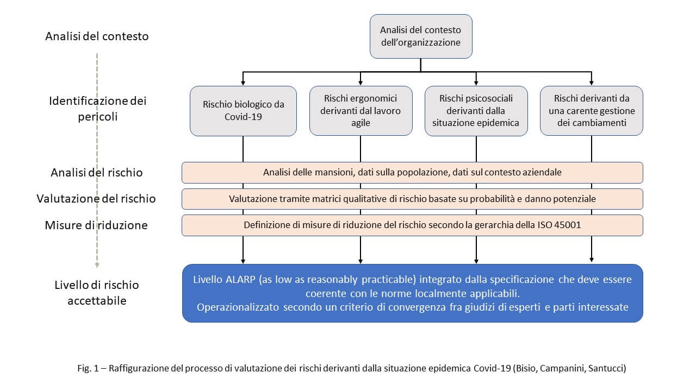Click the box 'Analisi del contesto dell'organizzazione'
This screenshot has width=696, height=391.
coord(420,36)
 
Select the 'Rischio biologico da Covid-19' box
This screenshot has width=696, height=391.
coord(243,111)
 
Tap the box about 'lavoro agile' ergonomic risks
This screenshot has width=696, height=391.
coord(361,111)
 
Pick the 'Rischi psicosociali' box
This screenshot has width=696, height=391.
coord(476,111)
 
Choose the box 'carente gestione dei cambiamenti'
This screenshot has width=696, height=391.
coord(591,111)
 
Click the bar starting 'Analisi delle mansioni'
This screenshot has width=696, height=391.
coord(412,172)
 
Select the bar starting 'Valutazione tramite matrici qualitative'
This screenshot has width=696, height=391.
coord(412,199)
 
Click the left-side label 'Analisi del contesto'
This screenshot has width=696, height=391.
coord(97,37)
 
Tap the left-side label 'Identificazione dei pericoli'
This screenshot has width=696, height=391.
coord(98,108)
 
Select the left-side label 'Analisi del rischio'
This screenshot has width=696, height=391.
coord(97,173)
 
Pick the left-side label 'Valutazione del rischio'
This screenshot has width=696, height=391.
coord(96,199)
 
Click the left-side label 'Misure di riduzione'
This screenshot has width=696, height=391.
coord(96,225)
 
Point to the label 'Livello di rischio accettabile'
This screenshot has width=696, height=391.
coord(97,292)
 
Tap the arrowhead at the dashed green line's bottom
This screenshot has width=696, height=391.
coord(97,265)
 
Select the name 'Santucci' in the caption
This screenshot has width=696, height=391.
coord(607,368)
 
